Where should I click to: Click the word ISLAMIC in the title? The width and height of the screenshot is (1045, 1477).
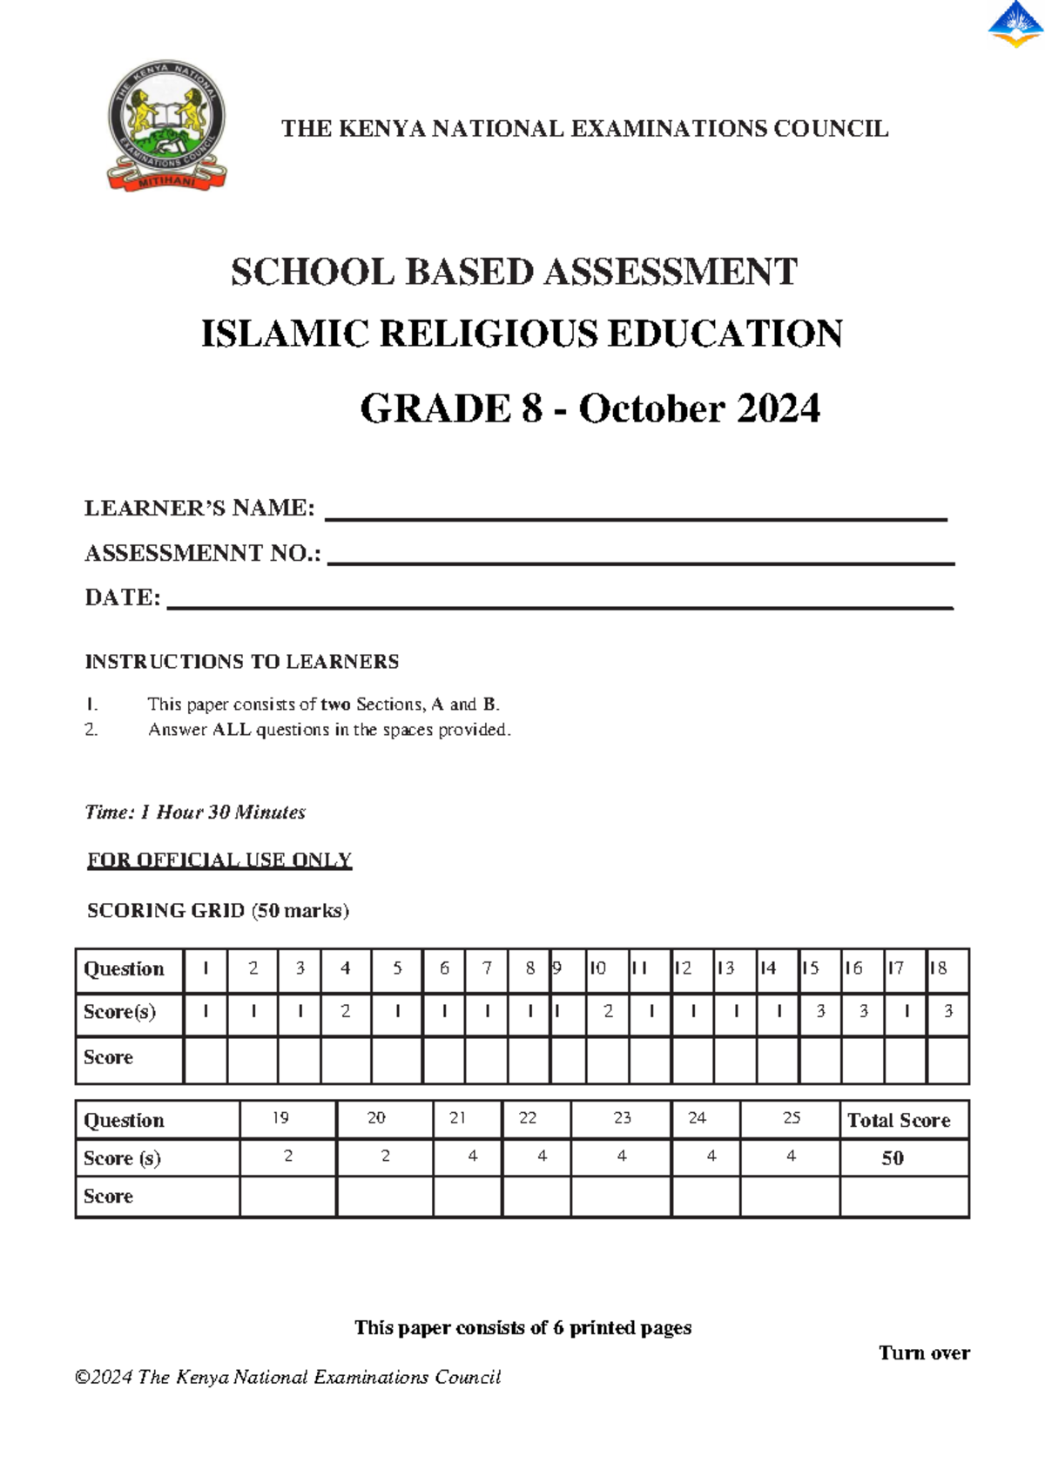coord(285,334)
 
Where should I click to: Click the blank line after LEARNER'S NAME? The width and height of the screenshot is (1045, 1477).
coord(636,514)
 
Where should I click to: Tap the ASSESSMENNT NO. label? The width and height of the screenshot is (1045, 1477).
coord(202,553)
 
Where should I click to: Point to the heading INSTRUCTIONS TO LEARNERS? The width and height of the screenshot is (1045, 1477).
coord(241,662)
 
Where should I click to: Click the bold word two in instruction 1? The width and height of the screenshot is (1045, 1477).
coord(335,704)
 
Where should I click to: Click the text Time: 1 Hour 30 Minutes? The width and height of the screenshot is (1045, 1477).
coord(195,813)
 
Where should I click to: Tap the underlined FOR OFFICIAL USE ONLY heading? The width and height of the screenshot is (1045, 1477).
coord(219,860)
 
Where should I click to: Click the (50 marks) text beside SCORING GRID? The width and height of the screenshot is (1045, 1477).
coord(300,911)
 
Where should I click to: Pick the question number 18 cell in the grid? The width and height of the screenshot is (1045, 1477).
coord(946,969)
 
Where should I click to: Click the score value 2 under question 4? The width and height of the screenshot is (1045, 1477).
coord(346,1012)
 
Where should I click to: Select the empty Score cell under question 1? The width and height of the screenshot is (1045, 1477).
coord(206,1060)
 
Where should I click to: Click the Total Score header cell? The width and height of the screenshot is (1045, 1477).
coord(900,1121)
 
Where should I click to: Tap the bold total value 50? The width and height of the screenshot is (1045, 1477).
coord(893,1158)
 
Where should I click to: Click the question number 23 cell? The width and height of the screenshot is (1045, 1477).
coord(621,1119)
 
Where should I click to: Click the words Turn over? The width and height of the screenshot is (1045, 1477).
coord(924,1353)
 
